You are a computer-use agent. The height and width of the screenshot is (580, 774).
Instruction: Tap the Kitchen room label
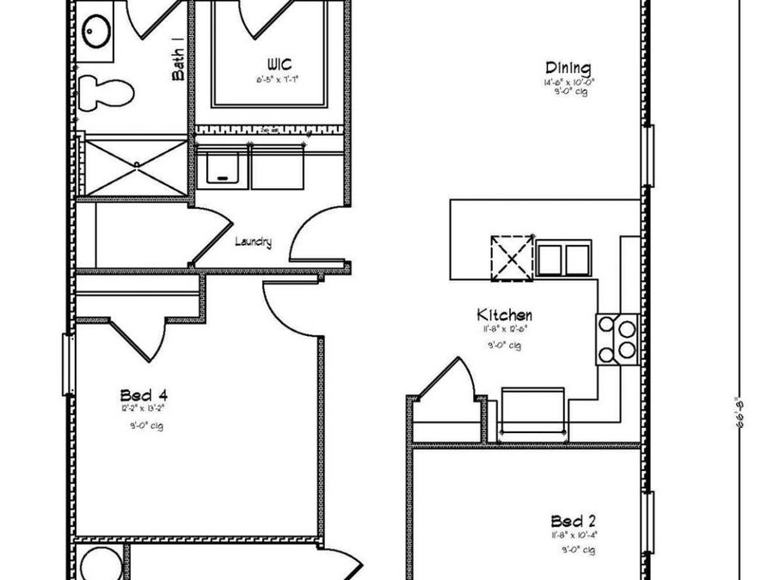pyautogui.click(x=506, y=315)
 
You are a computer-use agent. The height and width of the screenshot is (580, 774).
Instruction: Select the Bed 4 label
pyautogui.click(x=144, y=395)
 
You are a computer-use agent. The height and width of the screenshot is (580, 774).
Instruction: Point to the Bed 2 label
pyautogui.click(x=574, y=521)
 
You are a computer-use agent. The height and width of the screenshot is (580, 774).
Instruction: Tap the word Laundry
pyautogui.click(x=253, y=242)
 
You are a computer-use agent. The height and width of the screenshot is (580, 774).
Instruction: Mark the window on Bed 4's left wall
pyautogui.click(x=65, y=364)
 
